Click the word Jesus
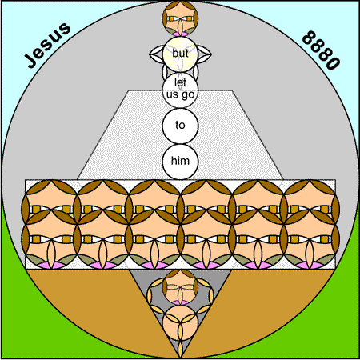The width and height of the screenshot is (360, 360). click(48, 45)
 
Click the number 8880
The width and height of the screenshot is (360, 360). click(321, 50)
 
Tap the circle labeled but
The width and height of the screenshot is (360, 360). click(180, 54)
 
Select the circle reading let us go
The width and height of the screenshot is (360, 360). click(180, 90)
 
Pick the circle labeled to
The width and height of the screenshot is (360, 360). click(180, 126)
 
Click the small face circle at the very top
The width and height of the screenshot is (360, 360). click(180, 18)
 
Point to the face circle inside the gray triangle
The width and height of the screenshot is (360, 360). click(180, 287)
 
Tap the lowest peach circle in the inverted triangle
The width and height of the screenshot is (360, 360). click(180, 323)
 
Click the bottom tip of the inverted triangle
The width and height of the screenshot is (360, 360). click(180, 358)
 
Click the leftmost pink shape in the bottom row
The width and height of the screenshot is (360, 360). click(51, 266)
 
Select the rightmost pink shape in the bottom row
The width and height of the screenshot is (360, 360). click(310, 266)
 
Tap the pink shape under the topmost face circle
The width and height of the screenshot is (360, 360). click(180, 34)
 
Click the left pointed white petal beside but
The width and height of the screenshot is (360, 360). click(156, 54)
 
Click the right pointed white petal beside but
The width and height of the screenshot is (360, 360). click(205, 54)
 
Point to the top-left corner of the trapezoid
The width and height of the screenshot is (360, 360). click(128, 90)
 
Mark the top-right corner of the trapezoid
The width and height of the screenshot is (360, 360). click(232, 90)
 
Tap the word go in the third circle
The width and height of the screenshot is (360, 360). click(188, 95)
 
